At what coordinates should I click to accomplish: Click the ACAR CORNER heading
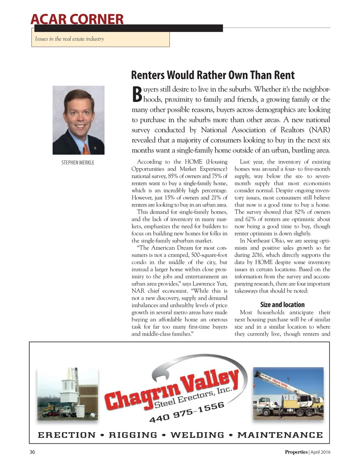point(77,19)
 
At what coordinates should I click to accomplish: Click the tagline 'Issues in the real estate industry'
point(69,39)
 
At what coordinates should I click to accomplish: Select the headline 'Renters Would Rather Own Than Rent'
point(213,75)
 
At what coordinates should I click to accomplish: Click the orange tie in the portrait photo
point(86,148)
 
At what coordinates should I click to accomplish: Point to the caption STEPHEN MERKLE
point(78,163)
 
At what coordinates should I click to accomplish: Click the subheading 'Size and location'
point(282,305)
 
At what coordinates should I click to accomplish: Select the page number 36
point(32,452)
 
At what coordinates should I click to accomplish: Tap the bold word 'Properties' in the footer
point(296,452)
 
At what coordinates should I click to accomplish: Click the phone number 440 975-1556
point(187,412)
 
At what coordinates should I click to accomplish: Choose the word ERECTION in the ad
point(67,435)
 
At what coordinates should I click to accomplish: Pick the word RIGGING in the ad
point(133,435)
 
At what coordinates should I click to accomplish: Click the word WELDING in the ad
point(197,435)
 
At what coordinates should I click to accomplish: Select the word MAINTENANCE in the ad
point(280,435)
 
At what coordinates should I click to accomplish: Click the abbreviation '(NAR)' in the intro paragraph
point(319,130)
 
